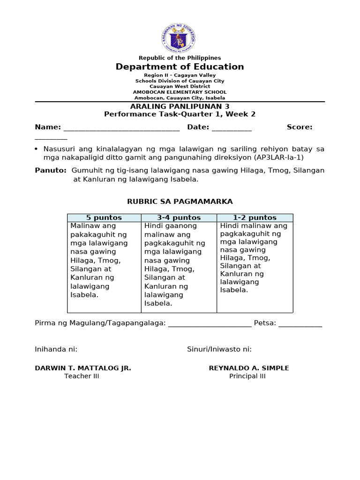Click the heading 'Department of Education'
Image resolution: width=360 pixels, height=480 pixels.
click(180, 67)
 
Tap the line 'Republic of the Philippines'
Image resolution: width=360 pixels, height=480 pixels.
click(180, 58)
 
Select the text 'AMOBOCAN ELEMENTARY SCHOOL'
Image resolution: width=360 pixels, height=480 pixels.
click(180, 92)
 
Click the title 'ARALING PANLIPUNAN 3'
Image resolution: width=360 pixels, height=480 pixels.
click(180, 107)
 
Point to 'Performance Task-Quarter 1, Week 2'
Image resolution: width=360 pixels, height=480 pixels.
click(180, 114)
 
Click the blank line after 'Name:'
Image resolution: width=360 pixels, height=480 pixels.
click(121, 128)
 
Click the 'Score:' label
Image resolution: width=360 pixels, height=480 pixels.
click(300, 127)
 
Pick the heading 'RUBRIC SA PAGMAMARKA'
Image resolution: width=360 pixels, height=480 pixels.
click(180, 202)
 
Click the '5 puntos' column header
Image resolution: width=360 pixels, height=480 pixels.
click(104, 217)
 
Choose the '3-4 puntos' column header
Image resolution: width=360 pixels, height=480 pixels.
click(179, 217)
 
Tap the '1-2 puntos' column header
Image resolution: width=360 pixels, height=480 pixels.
click(255, 217)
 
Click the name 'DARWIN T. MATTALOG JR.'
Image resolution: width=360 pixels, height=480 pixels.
click(83, 368)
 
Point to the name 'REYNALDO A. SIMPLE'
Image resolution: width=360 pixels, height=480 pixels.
click(248, 368)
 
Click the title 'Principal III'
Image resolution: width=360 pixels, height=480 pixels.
click(247, 376)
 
